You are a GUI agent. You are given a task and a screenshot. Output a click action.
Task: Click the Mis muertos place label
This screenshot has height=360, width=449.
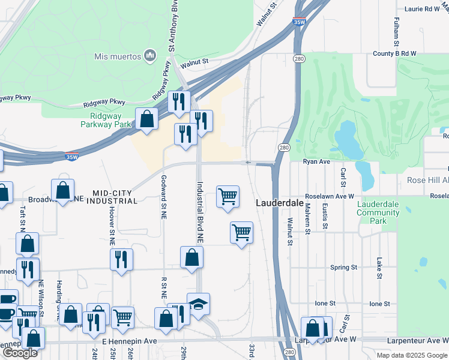(117, 57)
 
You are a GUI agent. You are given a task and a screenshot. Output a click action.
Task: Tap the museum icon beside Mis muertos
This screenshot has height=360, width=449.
(149, 56)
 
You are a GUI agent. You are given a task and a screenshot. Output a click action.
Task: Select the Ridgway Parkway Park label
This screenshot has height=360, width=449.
(106, 120)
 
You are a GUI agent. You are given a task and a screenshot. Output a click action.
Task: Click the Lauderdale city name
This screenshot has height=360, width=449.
(279, 203)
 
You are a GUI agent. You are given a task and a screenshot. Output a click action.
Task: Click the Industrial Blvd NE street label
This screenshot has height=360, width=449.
(200, 212)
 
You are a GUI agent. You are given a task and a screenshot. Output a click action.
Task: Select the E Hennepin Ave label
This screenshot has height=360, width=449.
(129, 341)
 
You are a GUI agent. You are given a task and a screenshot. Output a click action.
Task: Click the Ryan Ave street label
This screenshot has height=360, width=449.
(316, 162)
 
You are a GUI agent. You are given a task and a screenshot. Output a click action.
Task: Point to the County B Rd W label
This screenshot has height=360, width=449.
(394, 53)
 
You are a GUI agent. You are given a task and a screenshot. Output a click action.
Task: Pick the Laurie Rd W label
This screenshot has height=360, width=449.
(422, 9)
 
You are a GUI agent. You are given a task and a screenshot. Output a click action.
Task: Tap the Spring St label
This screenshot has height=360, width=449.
(343, 267)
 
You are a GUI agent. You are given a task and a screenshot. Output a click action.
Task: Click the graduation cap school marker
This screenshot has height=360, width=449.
(198, 305)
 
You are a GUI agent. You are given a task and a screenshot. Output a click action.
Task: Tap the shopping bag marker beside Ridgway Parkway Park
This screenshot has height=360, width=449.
(146, 119)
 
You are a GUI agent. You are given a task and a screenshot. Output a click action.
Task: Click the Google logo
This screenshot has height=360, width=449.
(20, 353)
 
